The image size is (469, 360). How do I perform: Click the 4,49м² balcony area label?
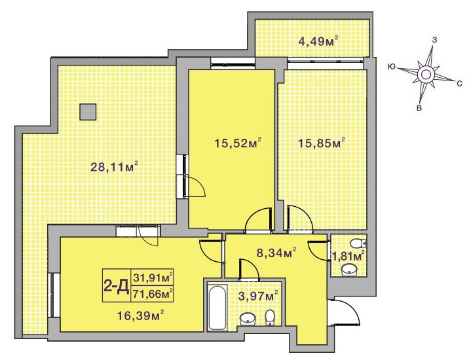click(318, 41)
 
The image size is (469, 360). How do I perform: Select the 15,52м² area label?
click(238, 143)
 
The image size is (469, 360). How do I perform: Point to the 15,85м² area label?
click(322, 143)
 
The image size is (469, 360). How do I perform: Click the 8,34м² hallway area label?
click(276, 253)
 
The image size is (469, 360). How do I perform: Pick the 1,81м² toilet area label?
click(348, 256)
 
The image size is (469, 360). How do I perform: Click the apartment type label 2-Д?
click(117, 286)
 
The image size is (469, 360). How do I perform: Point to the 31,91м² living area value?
click(153, 278)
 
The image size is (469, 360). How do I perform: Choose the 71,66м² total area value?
click(153, 295)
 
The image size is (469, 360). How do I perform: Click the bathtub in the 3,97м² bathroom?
click(217, 308)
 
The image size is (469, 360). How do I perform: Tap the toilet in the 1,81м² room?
click(358, 243)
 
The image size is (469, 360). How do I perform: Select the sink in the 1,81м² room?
click(349, 270)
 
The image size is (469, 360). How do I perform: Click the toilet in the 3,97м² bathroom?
click(270, 317)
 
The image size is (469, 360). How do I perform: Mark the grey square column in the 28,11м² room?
click(88, 112)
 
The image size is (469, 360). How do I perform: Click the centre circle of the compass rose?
click(426, 74)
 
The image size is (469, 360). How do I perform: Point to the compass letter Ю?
click(391, 66)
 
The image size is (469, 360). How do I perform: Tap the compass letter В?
click(419, 108)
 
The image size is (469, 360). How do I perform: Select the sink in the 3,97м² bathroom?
click(248, 319)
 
